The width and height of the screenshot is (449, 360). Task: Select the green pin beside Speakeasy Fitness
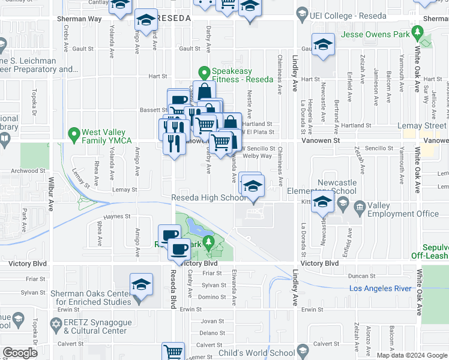[204, 73]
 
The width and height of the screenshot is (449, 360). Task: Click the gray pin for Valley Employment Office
[359, 206]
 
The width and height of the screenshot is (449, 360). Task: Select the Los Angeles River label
[381, 289]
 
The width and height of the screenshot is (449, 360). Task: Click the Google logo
[20, 353]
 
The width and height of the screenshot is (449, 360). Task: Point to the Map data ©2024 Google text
[412, 355]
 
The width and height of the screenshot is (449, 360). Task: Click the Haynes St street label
[117, 217]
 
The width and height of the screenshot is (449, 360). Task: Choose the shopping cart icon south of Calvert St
[173, 352]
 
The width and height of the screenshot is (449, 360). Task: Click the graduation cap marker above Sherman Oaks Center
[141, 284]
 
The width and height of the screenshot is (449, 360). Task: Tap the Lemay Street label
[424, 125]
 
